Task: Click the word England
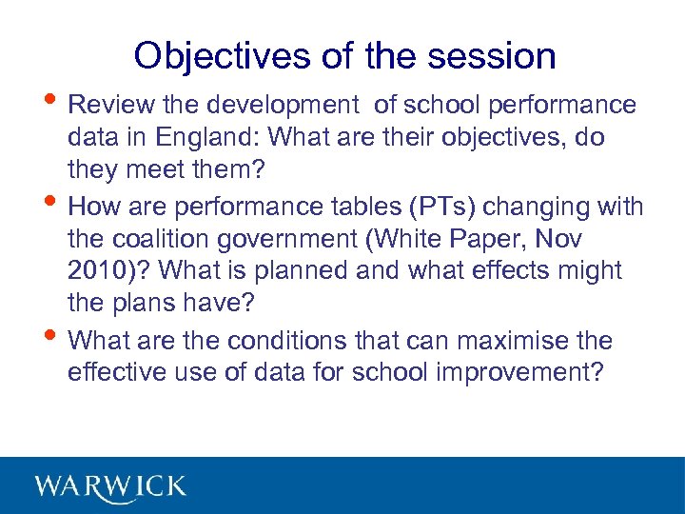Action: (x=204, y=137)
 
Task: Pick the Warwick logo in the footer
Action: (x=110, y=486)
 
